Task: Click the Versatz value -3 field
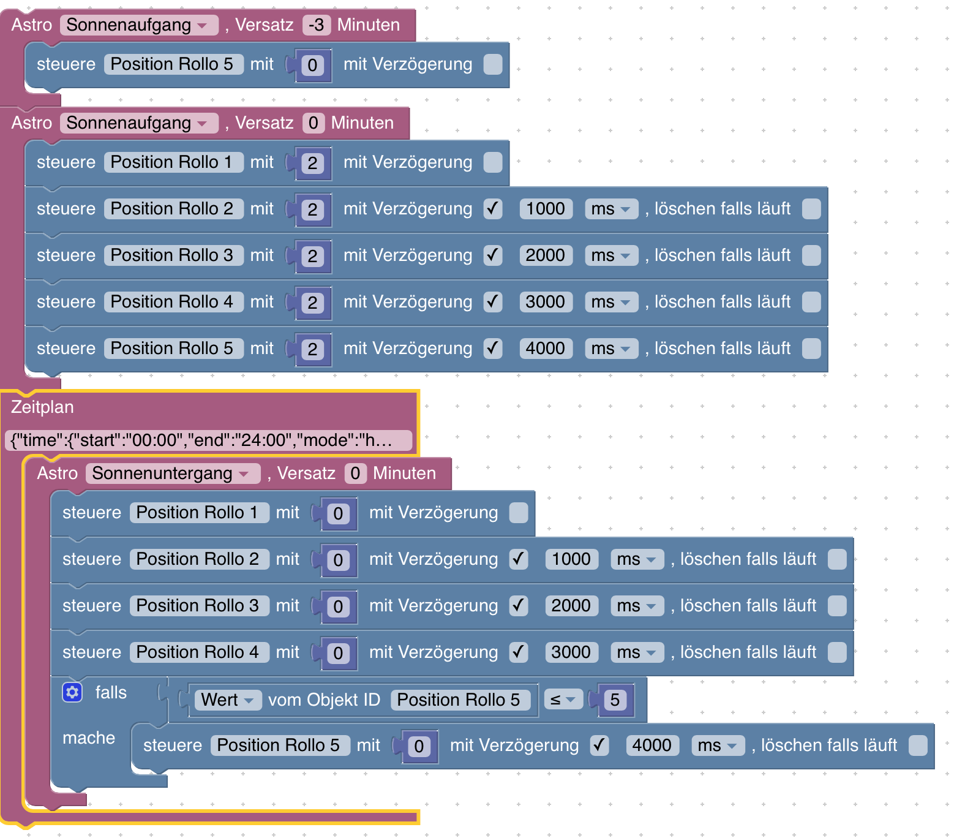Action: tap(316, 25)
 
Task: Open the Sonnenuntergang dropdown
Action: tap(173, 474)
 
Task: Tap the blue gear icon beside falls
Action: tap(72, 693)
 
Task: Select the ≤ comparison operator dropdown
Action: tap(563, 700)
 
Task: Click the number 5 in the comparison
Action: tap(615, 700)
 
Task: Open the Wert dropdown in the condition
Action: tap(227, 700)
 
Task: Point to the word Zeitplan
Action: tap(42, 407)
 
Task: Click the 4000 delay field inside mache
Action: tap(652, 746)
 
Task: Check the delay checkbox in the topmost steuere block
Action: tap(493, 64)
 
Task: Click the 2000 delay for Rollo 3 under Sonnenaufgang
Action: tap(545, 255)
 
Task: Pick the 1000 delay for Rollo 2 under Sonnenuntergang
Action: tap(571, 559)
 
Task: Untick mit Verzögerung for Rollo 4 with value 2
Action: tap(493, 302)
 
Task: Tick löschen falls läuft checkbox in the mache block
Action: tap(918, 746)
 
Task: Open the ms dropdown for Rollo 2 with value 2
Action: tap(610, 209)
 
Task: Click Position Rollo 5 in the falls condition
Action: tap(458, 700)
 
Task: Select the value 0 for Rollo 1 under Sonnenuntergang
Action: tap(338, 514)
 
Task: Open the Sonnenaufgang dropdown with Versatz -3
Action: tap(138, 25)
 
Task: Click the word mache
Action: tap(89, 738)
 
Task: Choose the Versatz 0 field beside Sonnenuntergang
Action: tap(355, 474)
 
